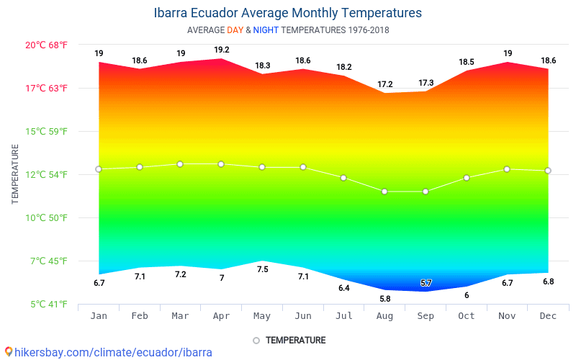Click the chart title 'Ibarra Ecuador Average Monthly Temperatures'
click(288, 13)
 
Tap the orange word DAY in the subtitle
click(235, 30)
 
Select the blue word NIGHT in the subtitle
click(266, 30)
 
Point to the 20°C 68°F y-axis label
click(47, 45)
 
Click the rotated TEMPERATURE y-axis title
click(15, 174)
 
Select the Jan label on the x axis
click(99, 316)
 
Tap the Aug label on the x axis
click(384, 316)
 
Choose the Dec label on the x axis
click(548, 316)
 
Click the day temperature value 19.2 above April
click(222, 50)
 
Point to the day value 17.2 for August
click(385, 84)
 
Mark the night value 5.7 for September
click(426, 283)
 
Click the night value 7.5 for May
click(263, 269)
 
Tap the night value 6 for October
click(467, 295)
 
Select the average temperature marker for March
click(180, 164)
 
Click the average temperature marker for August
click(384, 192)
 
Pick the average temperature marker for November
click(507, 169)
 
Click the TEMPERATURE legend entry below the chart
click(289, 340)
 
